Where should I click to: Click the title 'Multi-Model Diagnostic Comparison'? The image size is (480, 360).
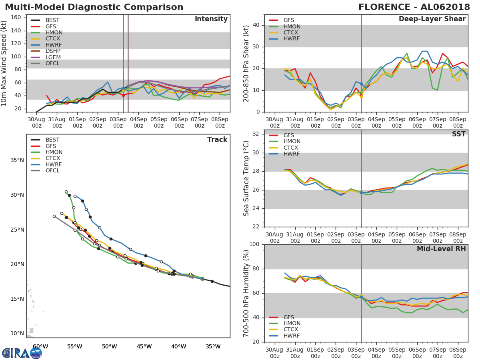[94, 7]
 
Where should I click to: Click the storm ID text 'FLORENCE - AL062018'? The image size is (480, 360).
[414, 7]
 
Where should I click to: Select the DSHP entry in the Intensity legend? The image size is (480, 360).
[53, 51]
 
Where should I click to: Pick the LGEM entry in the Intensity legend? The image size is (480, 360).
[53, 57]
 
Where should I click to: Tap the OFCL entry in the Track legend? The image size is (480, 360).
[52, 171]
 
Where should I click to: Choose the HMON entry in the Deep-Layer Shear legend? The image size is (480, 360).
[292, 26]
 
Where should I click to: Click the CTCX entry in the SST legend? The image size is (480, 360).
[292, 148]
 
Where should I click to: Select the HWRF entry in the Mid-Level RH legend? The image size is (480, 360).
[292, 336]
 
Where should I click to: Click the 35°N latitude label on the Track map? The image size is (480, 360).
[17, 160]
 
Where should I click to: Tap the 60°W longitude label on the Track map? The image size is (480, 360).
[40, 346]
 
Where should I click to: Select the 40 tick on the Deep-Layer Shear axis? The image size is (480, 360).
[256, 25]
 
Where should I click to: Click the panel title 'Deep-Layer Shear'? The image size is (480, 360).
[432, 19]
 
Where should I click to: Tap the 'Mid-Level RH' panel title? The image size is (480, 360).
[441, 249]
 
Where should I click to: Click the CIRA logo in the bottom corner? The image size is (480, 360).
[22, 353]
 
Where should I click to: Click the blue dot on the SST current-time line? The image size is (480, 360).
[361, 192]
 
